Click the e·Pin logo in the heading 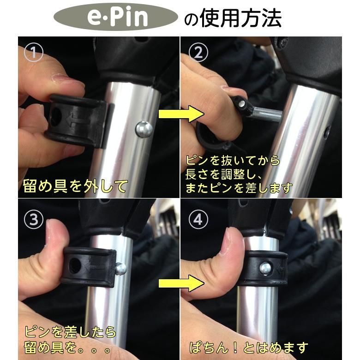click(116, 18)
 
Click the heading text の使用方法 click(233, 19)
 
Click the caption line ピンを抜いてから click(233, 161)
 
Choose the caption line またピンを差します click(239, 188)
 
